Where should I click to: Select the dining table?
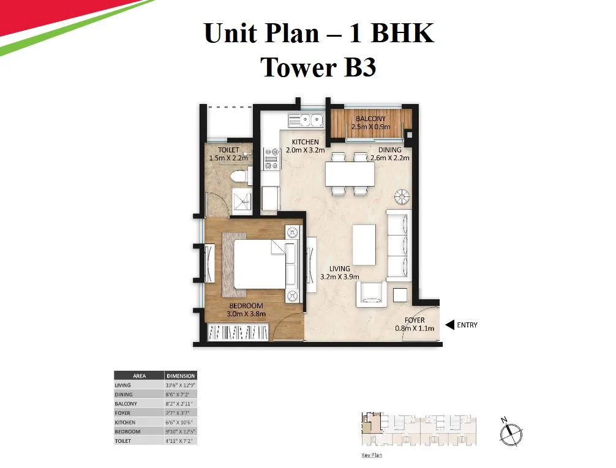coord(349,174)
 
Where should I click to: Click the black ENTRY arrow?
coord(449,325)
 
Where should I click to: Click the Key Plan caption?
coord(372,456)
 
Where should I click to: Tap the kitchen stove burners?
coord(271,159)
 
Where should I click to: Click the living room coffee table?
coord(364,245)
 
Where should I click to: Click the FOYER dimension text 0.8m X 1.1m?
coord(415,329)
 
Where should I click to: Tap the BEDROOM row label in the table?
coord(127,431)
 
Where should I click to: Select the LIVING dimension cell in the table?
coord(181,385)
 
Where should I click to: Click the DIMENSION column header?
coord(181,376)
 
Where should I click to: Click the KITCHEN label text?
coord(305,142)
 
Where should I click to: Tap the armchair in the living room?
coord(373,292)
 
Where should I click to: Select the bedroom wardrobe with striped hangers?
coord(238,333)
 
